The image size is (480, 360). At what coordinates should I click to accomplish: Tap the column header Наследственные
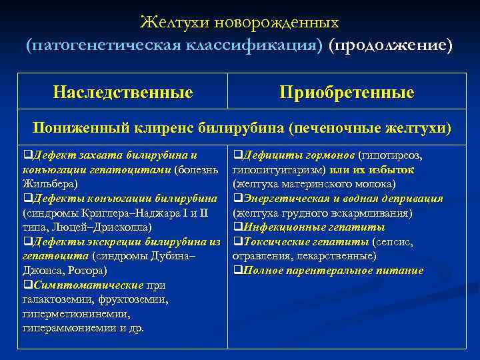point(123,92)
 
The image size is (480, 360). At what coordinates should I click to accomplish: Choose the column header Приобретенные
point(347,92)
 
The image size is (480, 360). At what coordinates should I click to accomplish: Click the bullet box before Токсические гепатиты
point(236,242)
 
